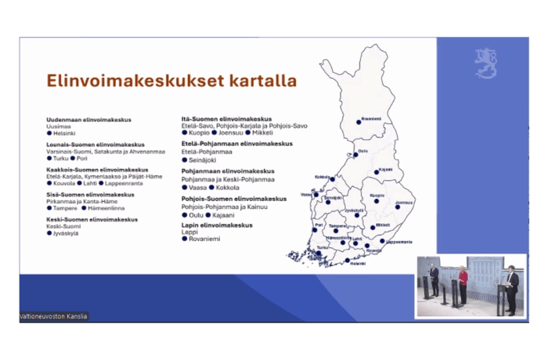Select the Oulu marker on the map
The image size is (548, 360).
(355, 155)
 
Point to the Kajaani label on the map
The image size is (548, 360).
(385, 170)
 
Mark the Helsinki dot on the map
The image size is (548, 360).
(348, 260)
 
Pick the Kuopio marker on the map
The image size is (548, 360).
(377, 200)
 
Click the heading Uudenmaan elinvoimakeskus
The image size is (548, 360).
(88, 120)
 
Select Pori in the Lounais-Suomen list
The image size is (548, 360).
(82, 158)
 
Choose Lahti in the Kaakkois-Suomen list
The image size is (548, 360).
(90, 183)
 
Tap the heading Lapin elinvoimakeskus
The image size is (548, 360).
(217, 225)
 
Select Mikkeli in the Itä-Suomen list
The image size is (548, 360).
(262, 133)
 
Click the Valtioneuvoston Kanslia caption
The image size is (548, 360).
(53, 316)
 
